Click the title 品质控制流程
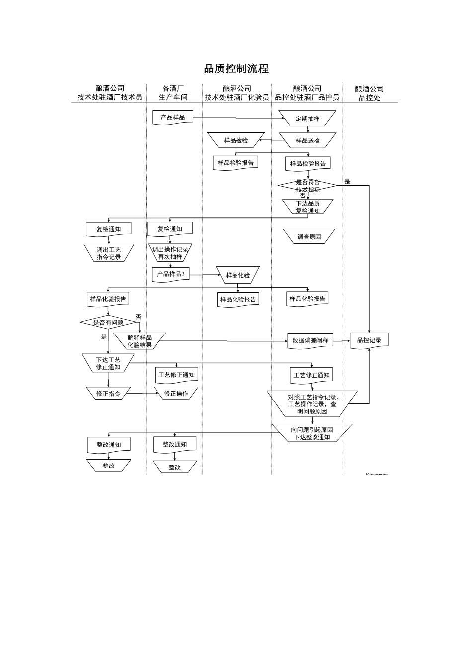tap(236, 68)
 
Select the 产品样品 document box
tap(172, 118)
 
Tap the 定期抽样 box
tap(308, 119)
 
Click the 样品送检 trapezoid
tap(308, 140)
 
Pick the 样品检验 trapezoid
tap(236, 140)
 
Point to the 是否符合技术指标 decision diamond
tap(308, 186)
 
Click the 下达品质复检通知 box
tap(308, 207)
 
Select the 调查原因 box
tap(309, 237)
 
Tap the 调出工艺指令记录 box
tap(109, 253)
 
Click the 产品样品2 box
tap(170, 274)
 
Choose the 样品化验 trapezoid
tap(238, 275)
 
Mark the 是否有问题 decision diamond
tap(108, 323)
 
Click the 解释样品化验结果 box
tap(139, 341)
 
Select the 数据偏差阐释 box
tap(310, 341)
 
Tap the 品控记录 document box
tap(369, 340)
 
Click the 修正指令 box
tap(108, 394)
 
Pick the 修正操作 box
tap(176, 394)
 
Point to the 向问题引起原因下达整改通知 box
tap(312, 433)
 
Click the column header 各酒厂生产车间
tap(173, 93)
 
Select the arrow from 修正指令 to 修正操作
tap(142, 394)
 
